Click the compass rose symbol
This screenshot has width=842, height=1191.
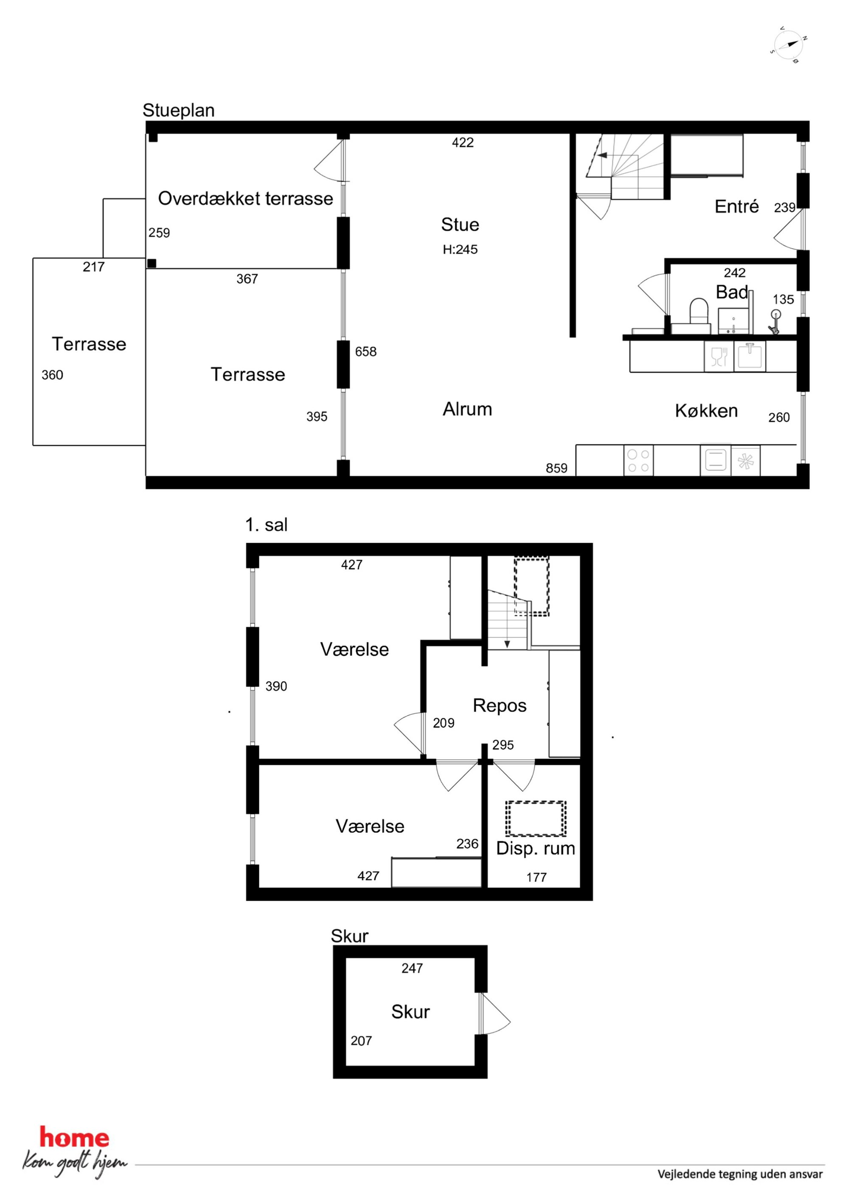tap(788, 45)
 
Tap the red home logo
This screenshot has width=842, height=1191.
tap(74, 1138)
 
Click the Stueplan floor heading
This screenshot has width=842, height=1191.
tap(179, 110)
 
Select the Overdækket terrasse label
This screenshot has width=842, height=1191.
tap(245, 198)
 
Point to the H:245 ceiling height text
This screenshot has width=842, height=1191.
tap(460, 250)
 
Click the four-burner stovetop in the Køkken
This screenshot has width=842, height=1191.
tap(638, 460)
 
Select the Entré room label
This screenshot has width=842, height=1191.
tap(737, 206)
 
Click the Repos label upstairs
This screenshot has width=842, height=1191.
tap(500, 705)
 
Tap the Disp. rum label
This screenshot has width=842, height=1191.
tap(536, 848)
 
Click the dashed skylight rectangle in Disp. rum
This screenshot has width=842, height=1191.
tap(536, 819)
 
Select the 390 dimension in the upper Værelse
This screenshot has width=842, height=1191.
tap(276, 686)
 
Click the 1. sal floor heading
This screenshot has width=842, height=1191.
tap(266, 525)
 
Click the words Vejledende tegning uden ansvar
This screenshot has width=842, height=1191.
tap(740, 1174)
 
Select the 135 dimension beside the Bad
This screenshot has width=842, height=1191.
tap(783, 299)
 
